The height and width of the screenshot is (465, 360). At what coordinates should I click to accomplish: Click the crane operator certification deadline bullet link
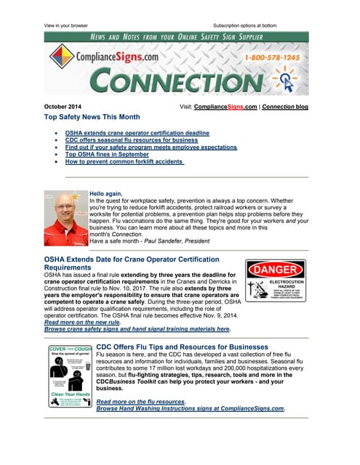point(137,133)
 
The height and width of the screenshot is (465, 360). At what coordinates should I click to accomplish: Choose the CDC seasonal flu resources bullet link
point(131,140)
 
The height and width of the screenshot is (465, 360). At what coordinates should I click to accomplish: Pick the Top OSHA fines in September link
point(107,155)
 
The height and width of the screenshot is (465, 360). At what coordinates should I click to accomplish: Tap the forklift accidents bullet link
point(124,162)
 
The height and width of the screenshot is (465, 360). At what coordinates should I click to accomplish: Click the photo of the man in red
point(65,217)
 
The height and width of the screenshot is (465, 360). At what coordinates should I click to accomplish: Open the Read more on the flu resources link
point(140,401)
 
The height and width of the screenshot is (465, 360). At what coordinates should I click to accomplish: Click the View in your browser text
point(65,25)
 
